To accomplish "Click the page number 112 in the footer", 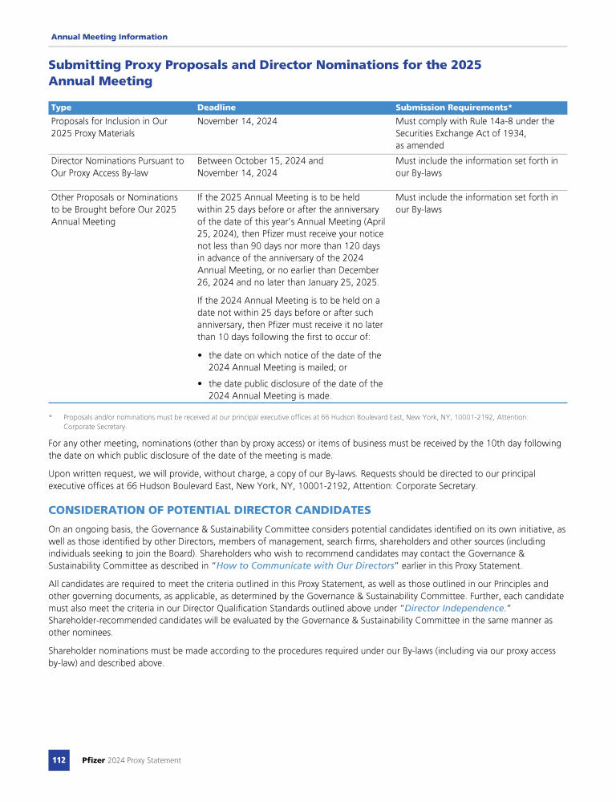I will (59, 759).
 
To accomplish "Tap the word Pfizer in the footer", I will (94, 760).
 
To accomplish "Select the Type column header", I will (61, 107).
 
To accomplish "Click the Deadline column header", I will (217, 107).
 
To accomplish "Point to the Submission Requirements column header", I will (454, 107).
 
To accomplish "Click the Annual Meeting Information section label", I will (109, 37).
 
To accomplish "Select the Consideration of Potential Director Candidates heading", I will (209, 510).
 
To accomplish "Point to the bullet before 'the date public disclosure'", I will (200, 384).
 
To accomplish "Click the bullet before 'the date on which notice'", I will (200, 355).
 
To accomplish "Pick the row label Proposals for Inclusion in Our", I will (109, 121).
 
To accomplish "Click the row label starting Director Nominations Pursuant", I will (117, 160).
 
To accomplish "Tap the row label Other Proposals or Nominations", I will (114, 196).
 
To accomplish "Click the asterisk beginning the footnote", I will (51, 417).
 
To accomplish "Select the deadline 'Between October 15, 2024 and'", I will (260, 160).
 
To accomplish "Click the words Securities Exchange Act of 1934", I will (460, 133).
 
